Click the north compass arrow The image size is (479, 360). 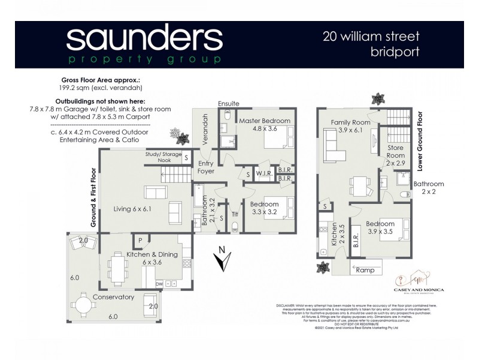coord(223,260)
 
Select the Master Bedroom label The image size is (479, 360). coord(265,121)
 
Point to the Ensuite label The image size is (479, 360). coord(229,103)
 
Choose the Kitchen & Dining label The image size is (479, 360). coord(151,254)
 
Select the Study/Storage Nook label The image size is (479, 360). coord(163,157)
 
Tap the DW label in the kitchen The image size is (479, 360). coord(159,284)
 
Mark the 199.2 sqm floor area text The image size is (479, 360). coord(101,88)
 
